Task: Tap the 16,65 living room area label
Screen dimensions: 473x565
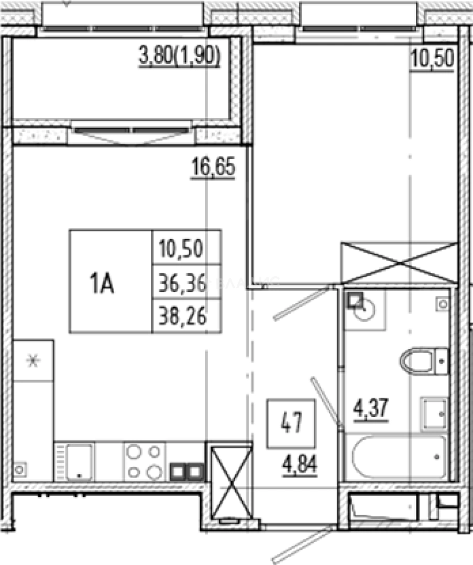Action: (213, 167)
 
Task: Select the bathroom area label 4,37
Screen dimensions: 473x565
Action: (371, 410)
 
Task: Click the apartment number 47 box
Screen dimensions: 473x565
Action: (291, 423)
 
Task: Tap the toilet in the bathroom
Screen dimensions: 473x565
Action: (424, 361)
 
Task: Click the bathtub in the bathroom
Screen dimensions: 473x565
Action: (399, 457)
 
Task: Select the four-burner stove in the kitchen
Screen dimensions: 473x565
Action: (145, 461)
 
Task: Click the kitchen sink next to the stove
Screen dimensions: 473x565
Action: (79, 462)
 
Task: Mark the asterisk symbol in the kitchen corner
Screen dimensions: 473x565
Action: (33, 360)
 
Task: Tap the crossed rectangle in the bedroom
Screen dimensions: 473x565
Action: (399, 263)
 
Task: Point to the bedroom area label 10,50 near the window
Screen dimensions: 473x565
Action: (432, 59)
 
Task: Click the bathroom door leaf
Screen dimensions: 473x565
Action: (327, 403)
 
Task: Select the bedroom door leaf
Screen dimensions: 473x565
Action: (302, 302)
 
